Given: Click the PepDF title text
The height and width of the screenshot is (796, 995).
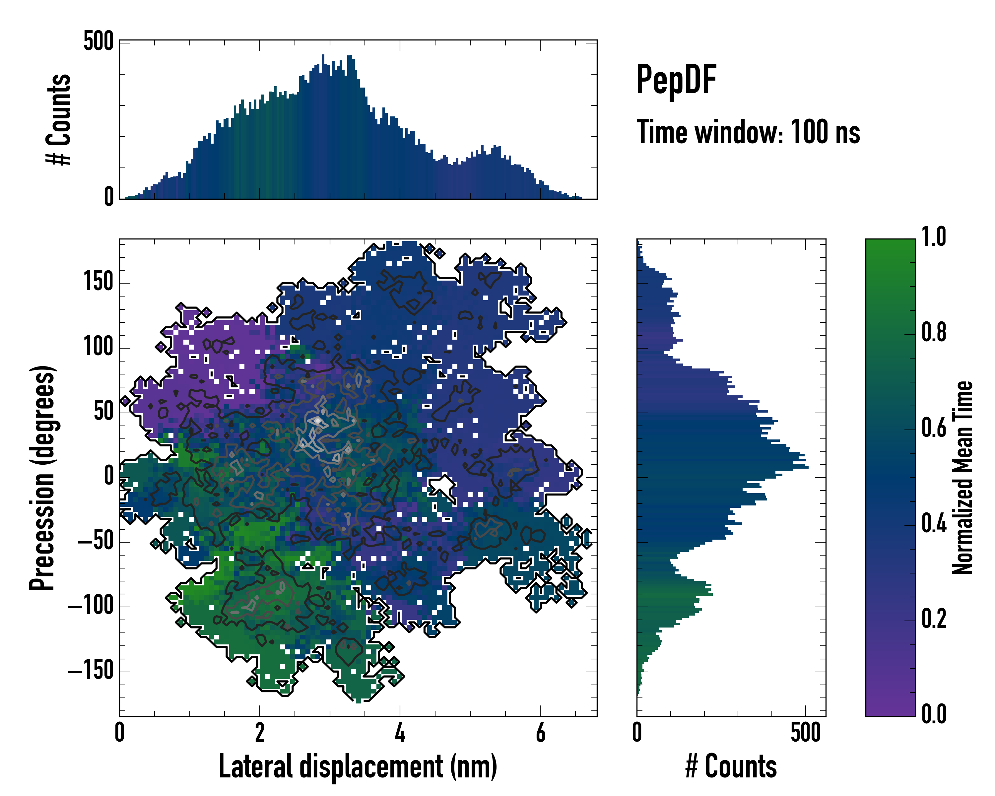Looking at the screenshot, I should click(676, 80).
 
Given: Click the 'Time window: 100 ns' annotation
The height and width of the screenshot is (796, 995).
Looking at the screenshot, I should click(748, 132).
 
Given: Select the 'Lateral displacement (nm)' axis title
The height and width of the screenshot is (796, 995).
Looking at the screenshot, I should click(358, 766).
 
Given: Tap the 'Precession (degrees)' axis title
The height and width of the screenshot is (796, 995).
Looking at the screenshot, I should click(42, 478).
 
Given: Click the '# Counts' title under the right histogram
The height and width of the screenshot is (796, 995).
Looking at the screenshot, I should click(731, 766).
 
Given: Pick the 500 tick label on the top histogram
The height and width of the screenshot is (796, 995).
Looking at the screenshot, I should click(98, 41).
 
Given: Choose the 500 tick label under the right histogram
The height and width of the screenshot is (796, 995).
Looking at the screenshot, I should click(805, 733).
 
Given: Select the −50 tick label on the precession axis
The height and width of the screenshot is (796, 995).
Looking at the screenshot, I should click(96, 542).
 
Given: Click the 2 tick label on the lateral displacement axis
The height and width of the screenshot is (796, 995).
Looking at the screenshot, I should click(260, 733).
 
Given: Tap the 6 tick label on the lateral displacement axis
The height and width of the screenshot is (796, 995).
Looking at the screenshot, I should click(540, 733).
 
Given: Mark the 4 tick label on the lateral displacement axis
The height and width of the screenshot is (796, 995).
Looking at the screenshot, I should click(400, 733).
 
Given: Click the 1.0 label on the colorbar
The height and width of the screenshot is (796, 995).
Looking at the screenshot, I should click(934, 237).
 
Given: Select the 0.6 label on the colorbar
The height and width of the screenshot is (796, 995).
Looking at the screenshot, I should click(934, 428).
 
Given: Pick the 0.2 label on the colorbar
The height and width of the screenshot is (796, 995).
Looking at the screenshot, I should click(934, 619).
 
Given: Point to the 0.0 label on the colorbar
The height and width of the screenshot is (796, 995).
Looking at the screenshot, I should click(934, 714).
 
